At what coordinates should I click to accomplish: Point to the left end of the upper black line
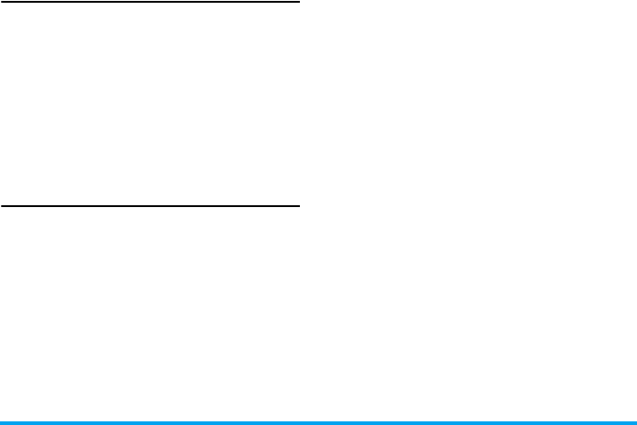tap(2, 3)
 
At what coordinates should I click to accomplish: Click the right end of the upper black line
tap(298, 3)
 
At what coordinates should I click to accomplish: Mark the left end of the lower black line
tap(2, 206)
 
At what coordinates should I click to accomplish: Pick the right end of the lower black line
tap(298, 206)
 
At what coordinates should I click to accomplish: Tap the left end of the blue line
tap(2, 421)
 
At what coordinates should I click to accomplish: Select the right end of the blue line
tap(634, 421)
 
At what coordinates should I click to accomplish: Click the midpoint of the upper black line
tap(150, 3)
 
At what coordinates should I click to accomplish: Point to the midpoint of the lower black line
tap(150, 206)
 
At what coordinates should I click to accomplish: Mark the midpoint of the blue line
tap(318, 421)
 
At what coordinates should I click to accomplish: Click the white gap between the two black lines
tap(150, 104)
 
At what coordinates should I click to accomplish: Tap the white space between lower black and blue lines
tap(150, 313)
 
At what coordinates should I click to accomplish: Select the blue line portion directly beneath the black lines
tap(150, 421)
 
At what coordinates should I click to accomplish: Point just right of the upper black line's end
tap(309, 3)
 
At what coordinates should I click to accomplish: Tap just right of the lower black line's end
tap(309, 206)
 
